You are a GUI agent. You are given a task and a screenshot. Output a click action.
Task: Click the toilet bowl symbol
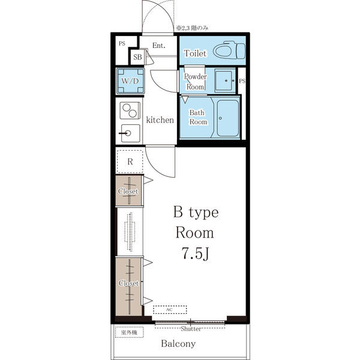click(229, 50)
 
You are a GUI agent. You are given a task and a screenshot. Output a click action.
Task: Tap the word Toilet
click(195, 53)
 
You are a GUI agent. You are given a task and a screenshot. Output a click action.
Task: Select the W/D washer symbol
click(130, 81)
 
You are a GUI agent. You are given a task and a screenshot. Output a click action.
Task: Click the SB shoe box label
click(137, 57)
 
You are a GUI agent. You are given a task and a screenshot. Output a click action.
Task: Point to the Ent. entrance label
click(159, 46)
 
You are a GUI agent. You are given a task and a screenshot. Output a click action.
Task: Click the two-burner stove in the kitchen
click(130, 110)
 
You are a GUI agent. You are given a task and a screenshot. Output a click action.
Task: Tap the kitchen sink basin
click(130, 133)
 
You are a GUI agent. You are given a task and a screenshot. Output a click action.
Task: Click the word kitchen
click(160, 120)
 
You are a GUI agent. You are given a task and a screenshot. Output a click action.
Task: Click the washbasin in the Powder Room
click(224, 81)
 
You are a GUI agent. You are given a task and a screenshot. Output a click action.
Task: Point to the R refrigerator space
click(130, 161)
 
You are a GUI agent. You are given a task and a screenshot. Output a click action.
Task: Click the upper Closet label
click(128, 191)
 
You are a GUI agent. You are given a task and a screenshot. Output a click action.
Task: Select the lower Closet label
click(128, 283)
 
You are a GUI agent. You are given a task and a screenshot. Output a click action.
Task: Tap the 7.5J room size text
click(196, 253)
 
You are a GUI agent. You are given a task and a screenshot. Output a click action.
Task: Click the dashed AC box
click(170, 310)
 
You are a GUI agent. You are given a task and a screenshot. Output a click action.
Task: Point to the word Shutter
click(191, 329)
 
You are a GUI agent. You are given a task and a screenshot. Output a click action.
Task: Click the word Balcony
click(178, 343)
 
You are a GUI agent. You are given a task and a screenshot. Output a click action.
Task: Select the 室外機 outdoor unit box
click(129, 332)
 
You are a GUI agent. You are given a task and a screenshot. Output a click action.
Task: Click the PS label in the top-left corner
click(122, 43)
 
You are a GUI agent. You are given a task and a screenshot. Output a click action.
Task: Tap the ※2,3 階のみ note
click(193, 28)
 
